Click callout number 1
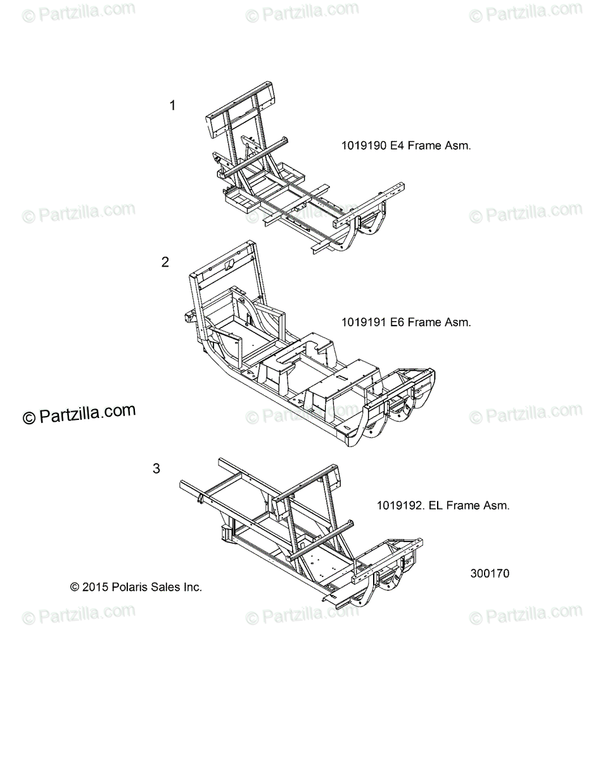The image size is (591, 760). (x=172, y=105)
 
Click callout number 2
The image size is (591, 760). (x=165, y=262)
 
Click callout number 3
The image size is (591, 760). (x=156, y=469)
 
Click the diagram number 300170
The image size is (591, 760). (x=490, y=574)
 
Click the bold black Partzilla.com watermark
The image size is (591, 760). (x=79, y=414)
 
